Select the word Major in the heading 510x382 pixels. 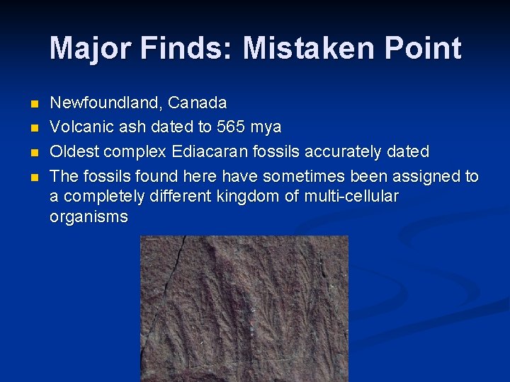pyautogui.click(x=91, y=49)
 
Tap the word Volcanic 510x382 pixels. pyautogui.click(x=78, y=127)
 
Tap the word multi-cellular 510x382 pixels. pyautogui.click(x=351, y=196)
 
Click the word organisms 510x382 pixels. pyautogui.click(x=89, y=217)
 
